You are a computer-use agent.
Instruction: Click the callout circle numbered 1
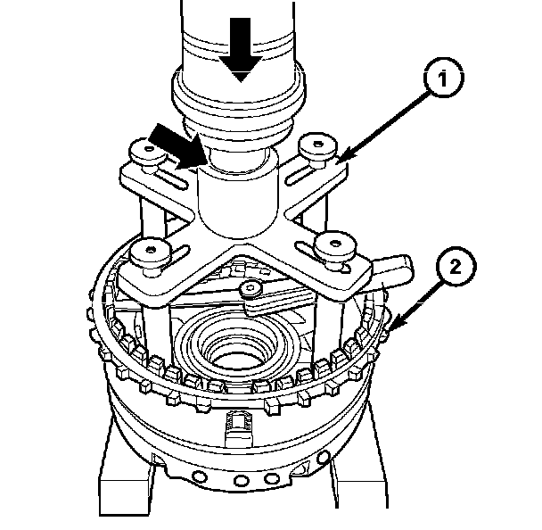pos(443,78)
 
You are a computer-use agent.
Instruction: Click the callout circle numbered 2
pos(456,266)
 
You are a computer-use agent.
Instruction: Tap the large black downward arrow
pos(241,49)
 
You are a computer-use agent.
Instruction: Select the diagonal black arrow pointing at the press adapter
pos(177,146)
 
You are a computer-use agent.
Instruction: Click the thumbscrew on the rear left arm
pos(148,154)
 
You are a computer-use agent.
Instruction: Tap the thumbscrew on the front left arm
pos(150,254)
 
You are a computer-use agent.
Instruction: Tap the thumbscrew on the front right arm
pos(334,248)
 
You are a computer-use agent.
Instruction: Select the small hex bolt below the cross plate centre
pos(250,288)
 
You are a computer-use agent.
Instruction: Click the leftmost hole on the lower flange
pos(200,477)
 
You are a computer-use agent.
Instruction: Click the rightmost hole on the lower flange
pos(324,458)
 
